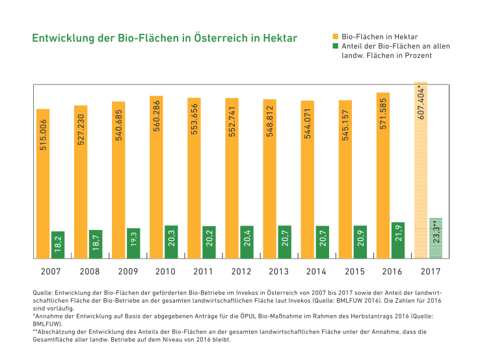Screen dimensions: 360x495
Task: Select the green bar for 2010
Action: tap(171, 241)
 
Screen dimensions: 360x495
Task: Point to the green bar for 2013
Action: tap(284, 241)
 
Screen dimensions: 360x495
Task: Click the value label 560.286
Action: tap(156, 114)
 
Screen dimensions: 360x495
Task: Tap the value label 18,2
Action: tap(58, 244)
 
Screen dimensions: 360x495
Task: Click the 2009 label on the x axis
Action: tap(127, 271)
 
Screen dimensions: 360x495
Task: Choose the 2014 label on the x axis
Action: tap(316, 271)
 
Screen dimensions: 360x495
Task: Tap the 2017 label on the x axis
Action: tap(429, 271)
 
